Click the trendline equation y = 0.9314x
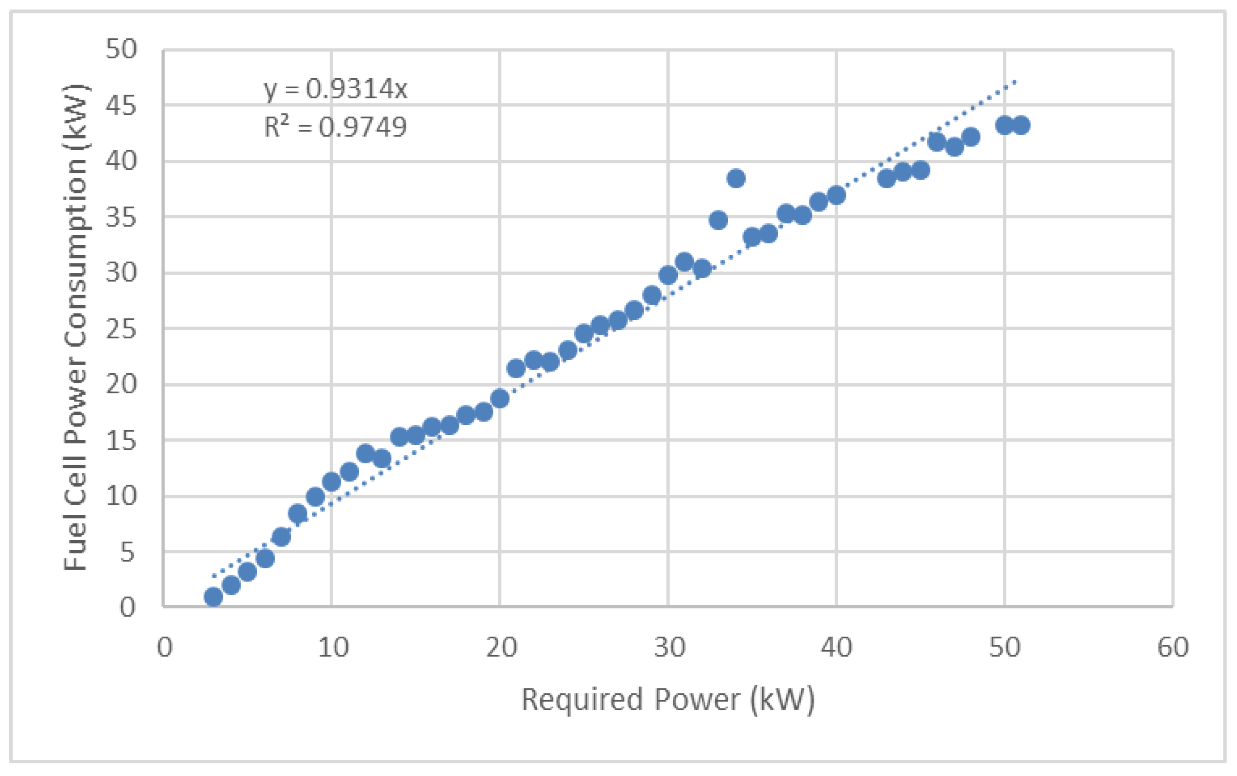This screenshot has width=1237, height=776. pos(335,89)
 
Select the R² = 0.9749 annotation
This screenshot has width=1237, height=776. pos(335,127)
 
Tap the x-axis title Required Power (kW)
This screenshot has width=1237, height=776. pos(668,700)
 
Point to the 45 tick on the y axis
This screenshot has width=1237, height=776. pos(122,106)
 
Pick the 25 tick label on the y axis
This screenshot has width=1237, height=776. pos(122,329)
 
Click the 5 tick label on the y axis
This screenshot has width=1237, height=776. pos(127,552)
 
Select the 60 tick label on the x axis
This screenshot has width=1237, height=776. pos(1173,647)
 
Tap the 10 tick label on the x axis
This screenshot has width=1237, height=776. pos(333,647)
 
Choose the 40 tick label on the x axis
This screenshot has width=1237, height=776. pos(836,647)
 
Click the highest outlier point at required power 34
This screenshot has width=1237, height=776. pos(736,179)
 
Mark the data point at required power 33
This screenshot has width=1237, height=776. pos(718,220)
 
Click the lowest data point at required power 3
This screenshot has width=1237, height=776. pos(213,597)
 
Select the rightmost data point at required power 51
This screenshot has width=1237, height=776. pos(1020,125)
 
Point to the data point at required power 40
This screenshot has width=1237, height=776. pos(836,195)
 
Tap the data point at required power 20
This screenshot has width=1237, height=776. pos(500,398)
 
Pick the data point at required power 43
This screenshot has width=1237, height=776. pos(886,179)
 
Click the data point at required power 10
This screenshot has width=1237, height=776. pos(331,481)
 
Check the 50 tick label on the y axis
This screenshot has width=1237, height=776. pos(122,50)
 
